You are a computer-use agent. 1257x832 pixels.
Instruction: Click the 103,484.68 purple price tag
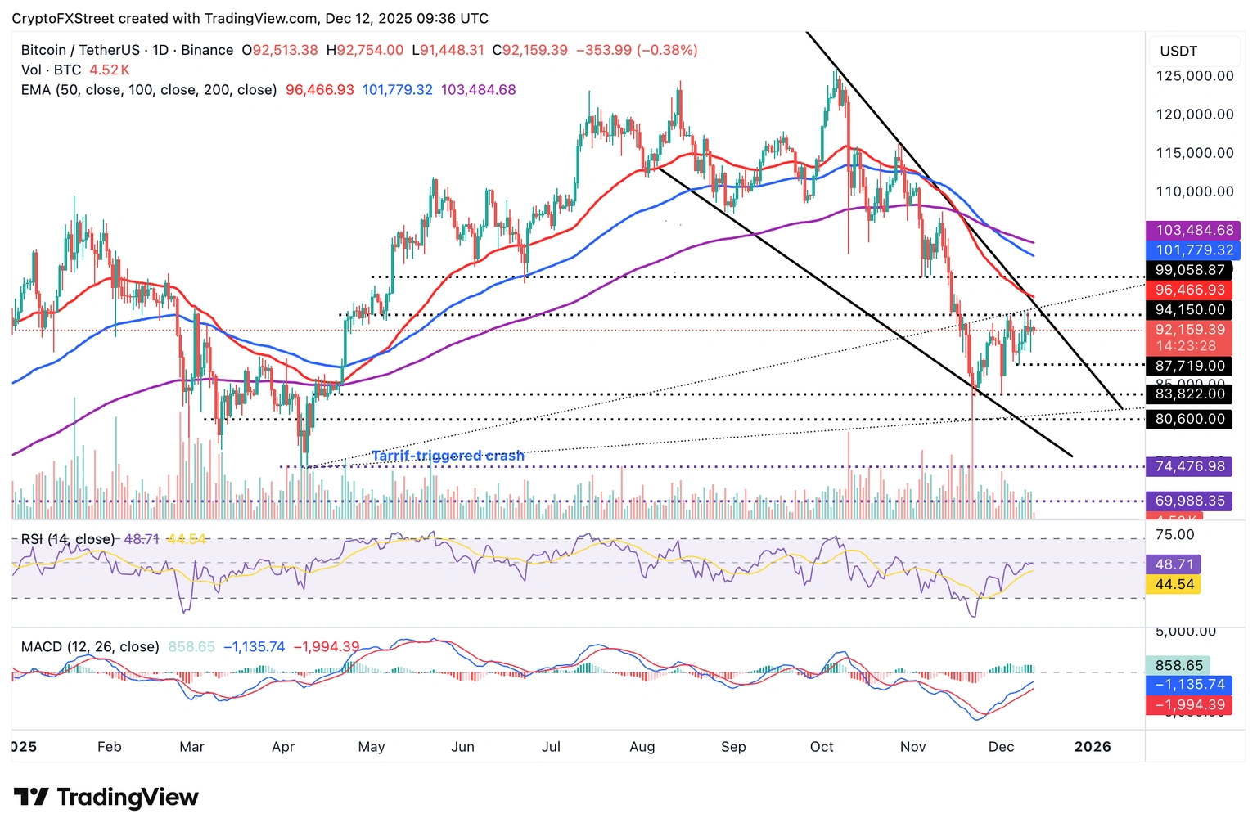coord(1193,231)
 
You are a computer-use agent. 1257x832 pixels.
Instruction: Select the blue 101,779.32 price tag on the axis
coord(1193,250)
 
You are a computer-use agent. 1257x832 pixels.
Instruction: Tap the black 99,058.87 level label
coord(1189,270)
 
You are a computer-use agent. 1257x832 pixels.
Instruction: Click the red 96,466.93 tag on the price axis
coord(1189,290)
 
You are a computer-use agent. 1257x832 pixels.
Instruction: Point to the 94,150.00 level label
coord(1189,310)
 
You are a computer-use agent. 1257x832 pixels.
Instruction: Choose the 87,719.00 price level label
coord(1189,366)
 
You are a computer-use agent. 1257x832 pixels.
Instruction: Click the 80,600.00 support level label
coord(1189,419)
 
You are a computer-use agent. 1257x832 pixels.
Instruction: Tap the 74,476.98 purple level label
coord(1189,466)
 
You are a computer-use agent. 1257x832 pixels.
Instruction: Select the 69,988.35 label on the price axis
coord(1189,501)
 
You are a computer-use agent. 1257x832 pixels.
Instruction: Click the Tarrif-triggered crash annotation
coord(448,456)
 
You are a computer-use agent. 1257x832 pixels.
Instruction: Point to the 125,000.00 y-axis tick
coord(1194,76)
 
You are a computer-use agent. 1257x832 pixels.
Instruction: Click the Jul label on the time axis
coord(551,747)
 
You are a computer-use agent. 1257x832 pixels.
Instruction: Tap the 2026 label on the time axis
coord(1092,747)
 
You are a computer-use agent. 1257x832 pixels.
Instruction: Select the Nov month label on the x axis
coord(912,747)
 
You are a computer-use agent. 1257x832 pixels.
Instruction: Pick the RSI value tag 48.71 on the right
coord(1174,564)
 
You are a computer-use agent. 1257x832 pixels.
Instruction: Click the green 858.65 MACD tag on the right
coord(1178,666)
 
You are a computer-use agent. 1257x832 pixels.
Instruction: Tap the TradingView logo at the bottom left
coord(106,797)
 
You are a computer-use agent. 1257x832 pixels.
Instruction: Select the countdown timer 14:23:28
coord(1186,346)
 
